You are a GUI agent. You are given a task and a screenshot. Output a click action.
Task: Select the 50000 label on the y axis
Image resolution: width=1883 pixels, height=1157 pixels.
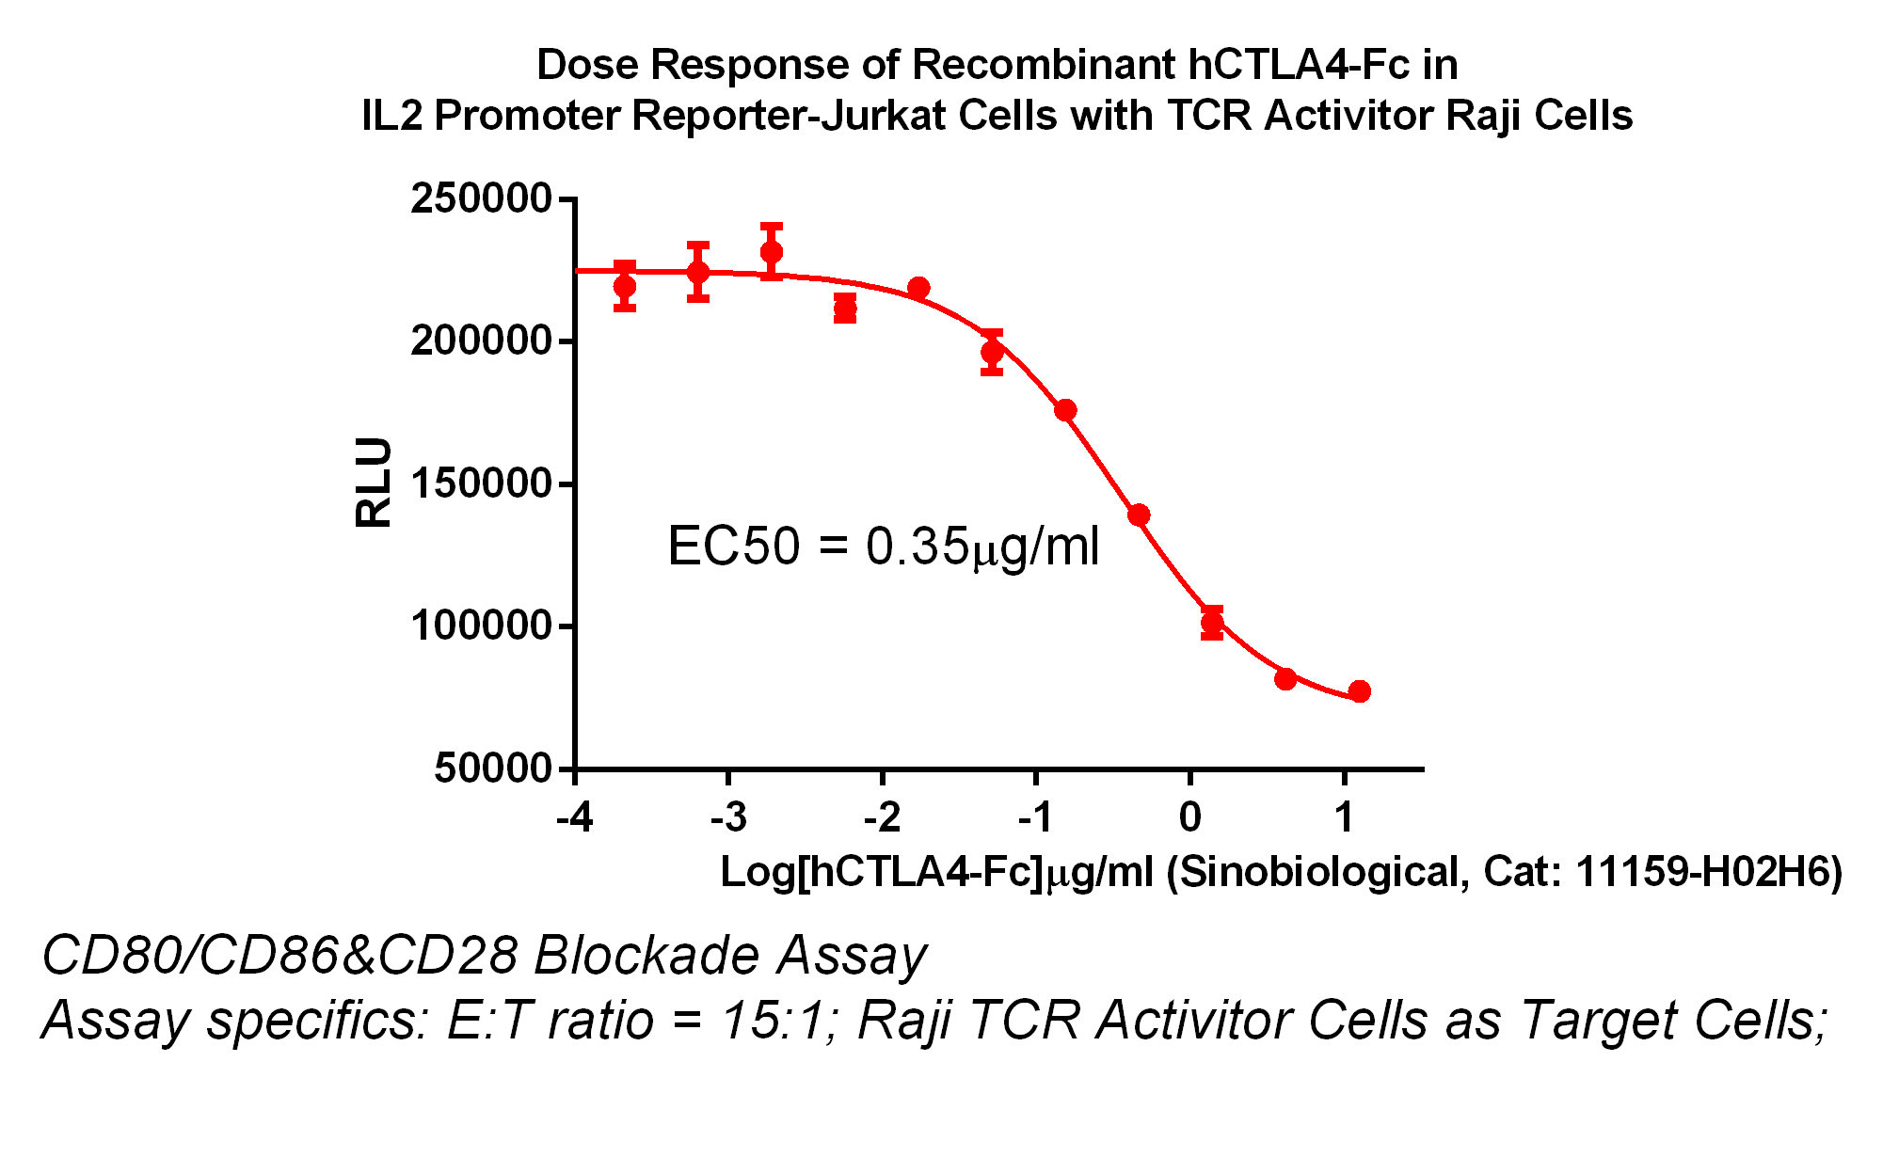tap(492, 769)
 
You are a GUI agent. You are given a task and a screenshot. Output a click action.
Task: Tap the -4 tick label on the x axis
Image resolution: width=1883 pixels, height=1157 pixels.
tap(574, 817)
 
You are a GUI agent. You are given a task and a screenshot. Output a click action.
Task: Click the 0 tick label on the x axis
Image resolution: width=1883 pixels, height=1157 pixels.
tap(1189, 817)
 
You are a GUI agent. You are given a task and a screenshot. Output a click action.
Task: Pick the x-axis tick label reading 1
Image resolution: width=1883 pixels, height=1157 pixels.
tap(1344, 817)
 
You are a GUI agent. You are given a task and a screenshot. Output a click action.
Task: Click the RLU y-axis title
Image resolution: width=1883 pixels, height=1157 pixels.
tap(374, 482)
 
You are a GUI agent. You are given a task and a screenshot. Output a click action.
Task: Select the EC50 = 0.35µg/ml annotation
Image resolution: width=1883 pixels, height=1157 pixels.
tap(883, 547)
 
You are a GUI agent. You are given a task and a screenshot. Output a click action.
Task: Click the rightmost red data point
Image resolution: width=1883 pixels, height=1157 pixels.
tap(1359, 691)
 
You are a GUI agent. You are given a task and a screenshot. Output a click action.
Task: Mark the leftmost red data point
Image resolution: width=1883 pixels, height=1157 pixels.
tap(624, 286)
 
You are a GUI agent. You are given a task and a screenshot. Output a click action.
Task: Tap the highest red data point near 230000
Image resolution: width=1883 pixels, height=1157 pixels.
tap(772, 252)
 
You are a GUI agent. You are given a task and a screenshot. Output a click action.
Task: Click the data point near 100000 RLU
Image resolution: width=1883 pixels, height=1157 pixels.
tap(1212, 622)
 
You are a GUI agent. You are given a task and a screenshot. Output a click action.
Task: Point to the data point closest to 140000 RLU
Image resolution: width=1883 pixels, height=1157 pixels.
tap(1139, 515)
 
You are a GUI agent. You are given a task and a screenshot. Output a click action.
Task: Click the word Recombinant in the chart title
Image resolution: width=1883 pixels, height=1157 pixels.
tap(1044, 65)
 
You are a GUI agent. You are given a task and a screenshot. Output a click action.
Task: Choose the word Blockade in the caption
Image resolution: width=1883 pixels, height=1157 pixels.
tap(646, 956)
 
